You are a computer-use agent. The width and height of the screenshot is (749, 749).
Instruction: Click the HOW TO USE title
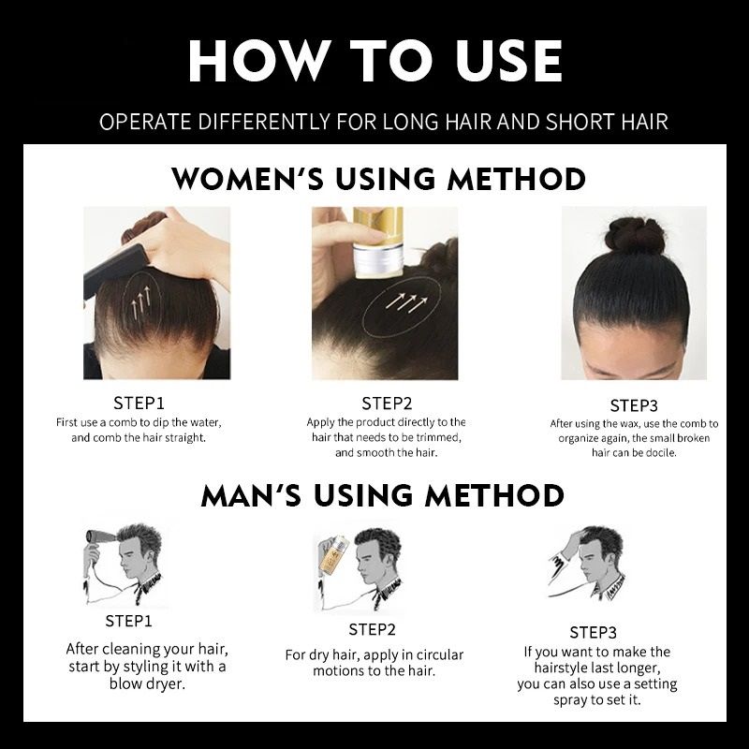tap(374, 61)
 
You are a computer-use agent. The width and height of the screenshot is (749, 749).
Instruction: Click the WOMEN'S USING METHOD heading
tap(379, 178)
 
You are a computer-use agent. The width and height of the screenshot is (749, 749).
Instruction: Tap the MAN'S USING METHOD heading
tap(382, 494)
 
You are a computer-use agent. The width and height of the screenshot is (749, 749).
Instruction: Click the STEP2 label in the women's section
tap(386, 404)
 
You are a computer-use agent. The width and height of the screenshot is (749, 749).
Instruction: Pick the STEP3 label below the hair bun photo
tap(634, 405)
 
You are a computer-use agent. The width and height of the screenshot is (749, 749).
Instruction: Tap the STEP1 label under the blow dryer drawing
tap(130, 621)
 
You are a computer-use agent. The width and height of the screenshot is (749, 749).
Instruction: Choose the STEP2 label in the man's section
tap(372, 629)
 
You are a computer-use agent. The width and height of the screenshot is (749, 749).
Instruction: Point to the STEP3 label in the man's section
tap(594, 632)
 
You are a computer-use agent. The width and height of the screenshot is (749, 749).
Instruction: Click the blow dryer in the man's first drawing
tap(98, 542)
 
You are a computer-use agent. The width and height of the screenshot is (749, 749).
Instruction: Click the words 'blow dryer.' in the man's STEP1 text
tap(145, 683)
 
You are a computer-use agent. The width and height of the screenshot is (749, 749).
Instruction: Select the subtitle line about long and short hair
tap(383, 123)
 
